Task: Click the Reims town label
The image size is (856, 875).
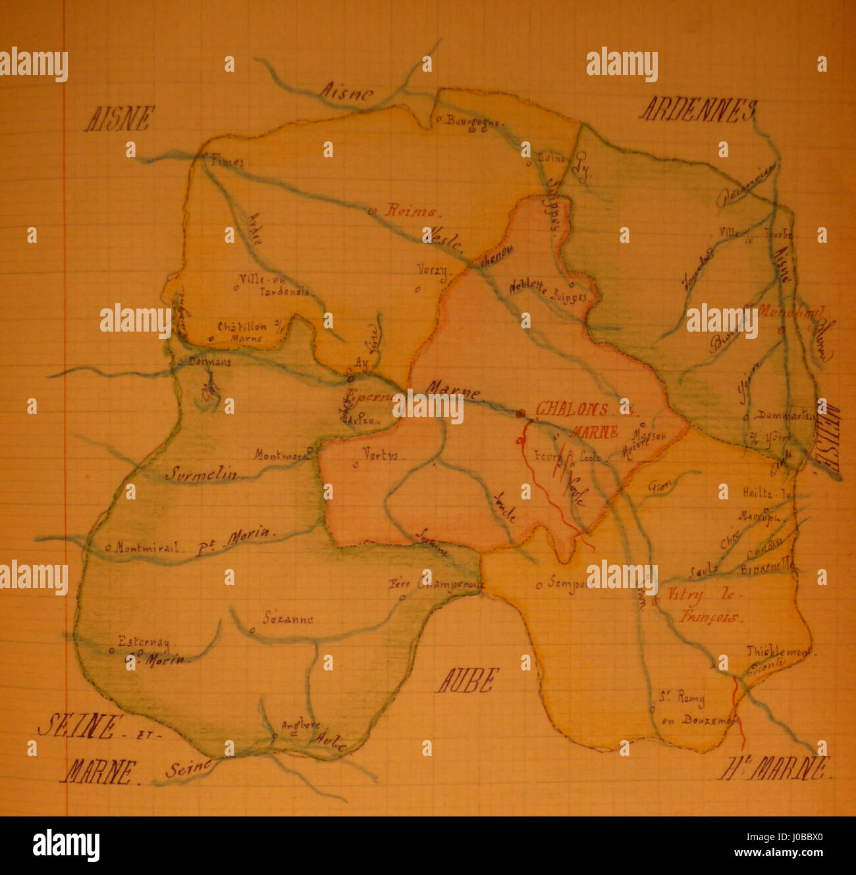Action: click(x=412, y=211)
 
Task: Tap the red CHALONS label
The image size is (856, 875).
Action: click(x=572, y=409)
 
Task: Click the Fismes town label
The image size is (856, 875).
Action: click(x=227, y=162)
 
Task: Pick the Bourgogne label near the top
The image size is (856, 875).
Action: click(x=474, y=121)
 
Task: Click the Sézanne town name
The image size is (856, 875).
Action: click(x=288, y=618)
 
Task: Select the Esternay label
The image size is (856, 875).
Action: click(x=143, y=641)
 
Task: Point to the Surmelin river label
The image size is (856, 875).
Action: click(x=201, y=473)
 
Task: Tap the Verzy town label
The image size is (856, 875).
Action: click(x=432, y=270)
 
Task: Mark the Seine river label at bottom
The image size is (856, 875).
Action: click(x=189, y=768)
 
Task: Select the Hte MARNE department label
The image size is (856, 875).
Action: click(x=775, y=768)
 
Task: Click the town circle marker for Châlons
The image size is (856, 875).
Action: click(x=521, y=413)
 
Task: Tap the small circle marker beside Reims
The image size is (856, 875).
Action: click(x=371, y=211)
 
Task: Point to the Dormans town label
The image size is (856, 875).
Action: click(x=209, y=362)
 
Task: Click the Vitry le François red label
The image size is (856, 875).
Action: click(x=702, y=605)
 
